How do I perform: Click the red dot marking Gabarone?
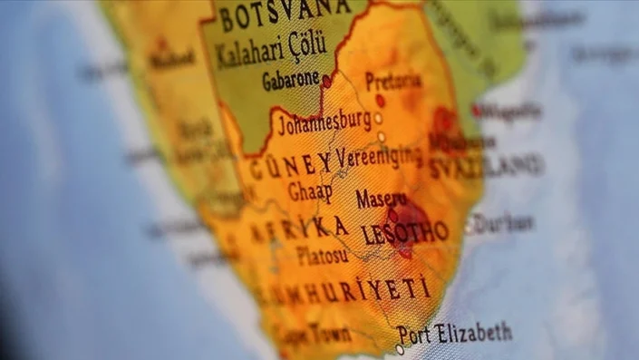coord(326,81)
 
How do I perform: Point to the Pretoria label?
coord(392,80)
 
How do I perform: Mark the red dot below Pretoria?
coord(381,101)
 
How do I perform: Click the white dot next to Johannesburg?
coord(378,118)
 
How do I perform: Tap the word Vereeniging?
coord(379,156)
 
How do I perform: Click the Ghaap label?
coord(310,191)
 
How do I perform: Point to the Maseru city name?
coord(381,198)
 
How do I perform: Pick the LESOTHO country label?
coord(404,232)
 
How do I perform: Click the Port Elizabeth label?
coord(455,334)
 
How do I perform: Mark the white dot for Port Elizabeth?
coord(400,349)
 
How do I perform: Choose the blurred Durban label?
coord(502,223)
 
